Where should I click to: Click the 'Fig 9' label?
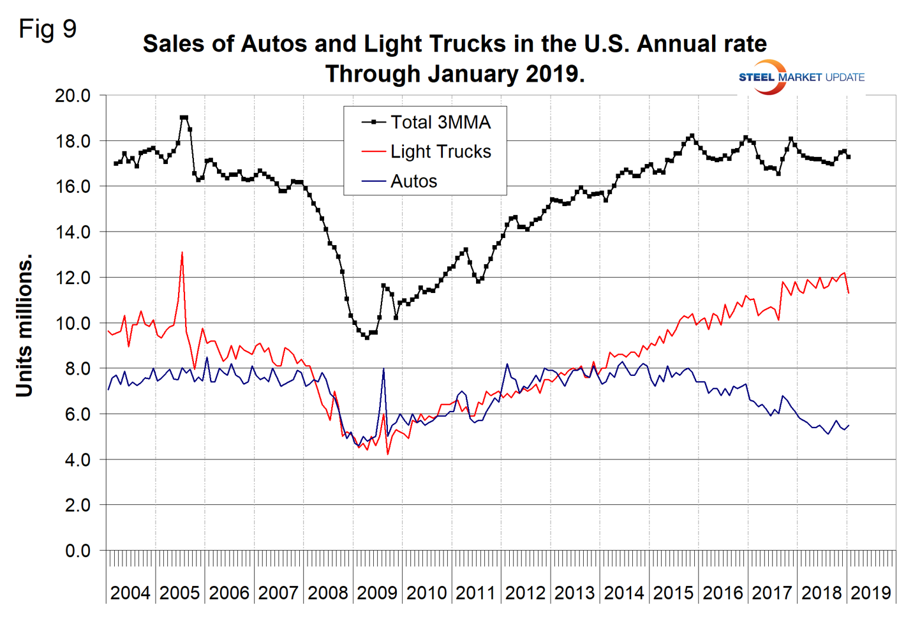click(47, 29)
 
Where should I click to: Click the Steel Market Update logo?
click(801, 77)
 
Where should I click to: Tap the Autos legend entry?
click(413, 181)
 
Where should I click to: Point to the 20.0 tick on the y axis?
click(73, 96)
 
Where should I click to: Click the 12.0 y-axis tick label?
click(73, 278)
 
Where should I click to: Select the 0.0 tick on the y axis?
click(78, 551)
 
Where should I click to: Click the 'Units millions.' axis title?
click(24, 326)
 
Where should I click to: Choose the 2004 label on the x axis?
click(130, 593)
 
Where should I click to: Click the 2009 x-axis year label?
click(377, 593)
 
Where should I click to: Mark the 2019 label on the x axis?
click(871, 593)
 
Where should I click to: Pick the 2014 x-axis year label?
click(624, 593)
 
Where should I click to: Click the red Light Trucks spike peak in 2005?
click(182, 253)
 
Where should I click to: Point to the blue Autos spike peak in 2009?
click(383, 369)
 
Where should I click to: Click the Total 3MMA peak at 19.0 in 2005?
click(184, 117)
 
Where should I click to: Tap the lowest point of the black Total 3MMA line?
click(367, 337)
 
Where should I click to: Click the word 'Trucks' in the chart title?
click(467, 44)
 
